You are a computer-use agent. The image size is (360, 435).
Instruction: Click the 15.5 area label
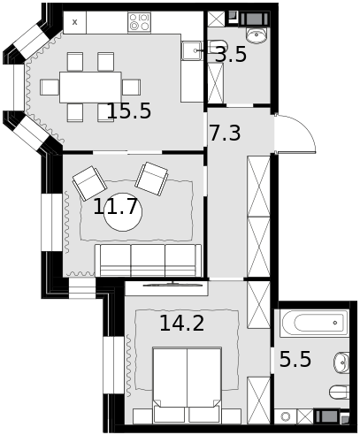(x=129, y=111)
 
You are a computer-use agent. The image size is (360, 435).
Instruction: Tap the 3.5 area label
(x=231, y=55)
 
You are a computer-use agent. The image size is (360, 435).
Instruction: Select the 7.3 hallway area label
(x=225, y=133)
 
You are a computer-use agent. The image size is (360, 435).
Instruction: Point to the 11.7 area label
(x=115, y=207)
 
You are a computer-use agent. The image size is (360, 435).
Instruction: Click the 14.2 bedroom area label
(x=182, y=323)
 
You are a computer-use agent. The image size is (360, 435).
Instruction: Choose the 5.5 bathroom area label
(x=295, y=359)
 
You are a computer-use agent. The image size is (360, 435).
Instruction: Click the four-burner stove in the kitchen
(x=139, y=22)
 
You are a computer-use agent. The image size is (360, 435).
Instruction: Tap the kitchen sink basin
(x=191, y=51)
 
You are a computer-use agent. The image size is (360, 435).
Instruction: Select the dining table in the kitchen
(x=90, y=88)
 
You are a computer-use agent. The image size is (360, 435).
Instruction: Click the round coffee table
(x=123, y=212)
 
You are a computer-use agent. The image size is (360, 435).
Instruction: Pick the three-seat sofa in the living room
(x=148, y=260)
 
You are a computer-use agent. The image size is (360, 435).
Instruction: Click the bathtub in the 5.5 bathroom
(x=314, y=324)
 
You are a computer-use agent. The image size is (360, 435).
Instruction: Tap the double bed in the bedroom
(x=188, y=385)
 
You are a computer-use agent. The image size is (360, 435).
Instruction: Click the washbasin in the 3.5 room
(x=257, y=35)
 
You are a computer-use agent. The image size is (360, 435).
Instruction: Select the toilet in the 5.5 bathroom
(x=340, y=392)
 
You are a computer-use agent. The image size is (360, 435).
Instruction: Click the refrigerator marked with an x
(x=75, y=22)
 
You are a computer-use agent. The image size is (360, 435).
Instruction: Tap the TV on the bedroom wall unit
(x=172, y=284)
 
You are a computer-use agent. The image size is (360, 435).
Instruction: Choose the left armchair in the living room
(x=89, y=183)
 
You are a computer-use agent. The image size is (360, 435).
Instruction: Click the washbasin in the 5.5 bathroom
(x=341, y=362)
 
